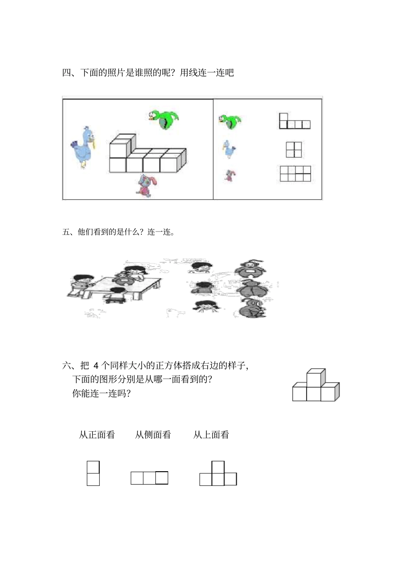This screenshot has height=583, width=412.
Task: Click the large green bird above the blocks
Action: [x=163, y=120]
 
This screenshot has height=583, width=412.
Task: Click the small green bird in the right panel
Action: [x=230, y=121]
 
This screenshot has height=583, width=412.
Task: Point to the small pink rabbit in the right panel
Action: [x=229, y=176]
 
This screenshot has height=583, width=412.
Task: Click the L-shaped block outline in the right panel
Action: [x=294, y=122]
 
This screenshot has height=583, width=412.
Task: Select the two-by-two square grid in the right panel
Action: [x=294, y=150]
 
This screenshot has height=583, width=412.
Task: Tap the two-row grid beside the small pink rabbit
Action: [x=295, y=173]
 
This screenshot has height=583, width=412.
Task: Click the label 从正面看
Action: [x=97, y=435]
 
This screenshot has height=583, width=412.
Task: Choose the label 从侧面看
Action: [x=153, y=435]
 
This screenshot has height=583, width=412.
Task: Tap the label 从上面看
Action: [x=211, y=435]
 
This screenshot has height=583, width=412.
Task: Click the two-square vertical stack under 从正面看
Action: [x=93, y=473]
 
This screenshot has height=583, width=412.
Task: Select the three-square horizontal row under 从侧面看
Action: [x=149, y=478]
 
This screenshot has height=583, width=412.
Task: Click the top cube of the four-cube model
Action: [x=315, y=377]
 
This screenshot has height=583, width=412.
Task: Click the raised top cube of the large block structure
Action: [x=120, y=146]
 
